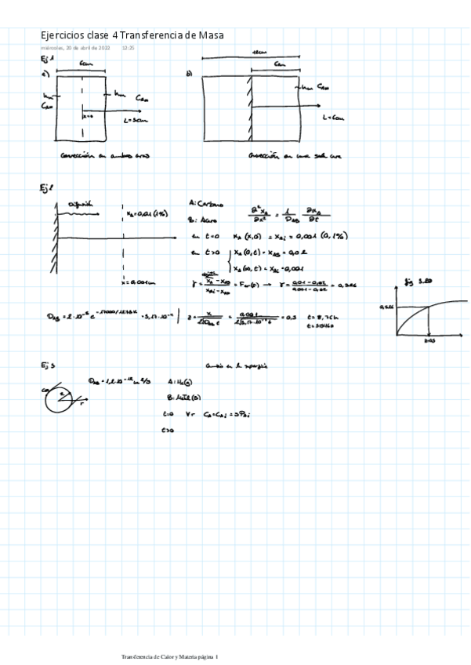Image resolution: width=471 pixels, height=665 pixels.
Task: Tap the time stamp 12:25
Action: click(x=129, y=48)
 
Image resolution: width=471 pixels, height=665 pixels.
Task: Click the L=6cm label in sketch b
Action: click(x=333, y=117)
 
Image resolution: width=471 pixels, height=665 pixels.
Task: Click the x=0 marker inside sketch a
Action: click(x=88, y=115)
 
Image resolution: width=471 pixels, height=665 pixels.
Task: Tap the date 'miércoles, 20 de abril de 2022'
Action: click(x=75, y=48)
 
